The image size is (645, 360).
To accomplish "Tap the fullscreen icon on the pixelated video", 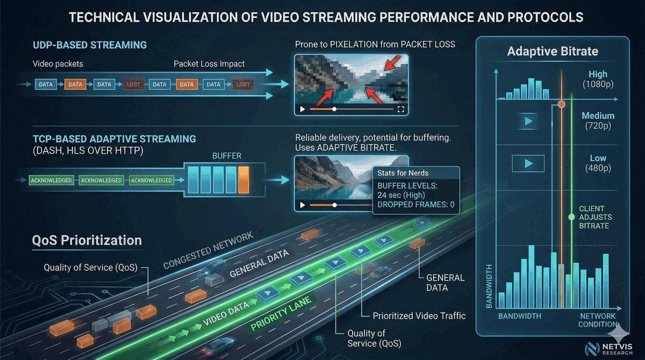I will pos(400,109).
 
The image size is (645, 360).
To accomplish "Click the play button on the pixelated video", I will pos(302,109).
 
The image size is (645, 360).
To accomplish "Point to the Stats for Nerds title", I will pos(402,173).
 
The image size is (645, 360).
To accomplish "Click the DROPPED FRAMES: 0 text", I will pos(416,204).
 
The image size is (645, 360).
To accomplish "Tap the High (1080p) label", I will pos(598,79).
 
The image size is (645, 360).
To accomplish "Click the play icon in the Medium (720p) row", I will pos(528,121).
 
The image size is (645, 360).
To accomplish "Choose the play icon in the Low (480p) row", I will pos(528,163).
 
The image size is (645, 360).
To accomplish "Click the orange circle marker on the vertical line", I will pos(561,104).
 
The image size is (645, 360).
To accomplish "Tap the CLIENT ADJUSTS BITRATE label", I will pos(594,217).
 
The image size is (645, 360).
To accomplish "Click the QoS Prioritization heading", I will pos(87,240).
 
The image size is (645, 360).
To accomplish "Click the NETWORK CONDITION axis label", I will pos(597,320).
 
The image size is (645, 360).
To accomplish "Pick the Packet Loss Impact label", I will pos(209,64).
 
